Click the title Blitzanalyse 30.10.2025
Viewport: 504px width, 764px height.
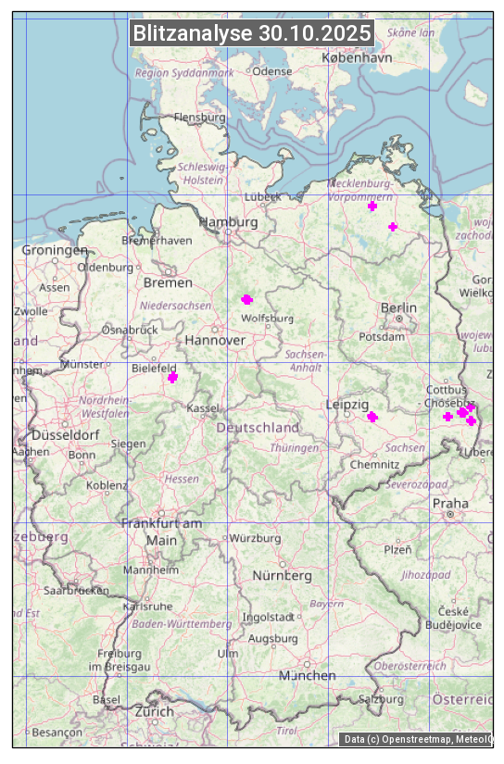point(252,33)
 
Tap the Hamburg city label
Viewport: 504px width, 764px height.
point(228,222)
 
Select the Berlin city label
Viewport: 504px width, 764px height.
point(398,307)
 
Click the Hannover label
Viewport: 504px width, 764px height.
point(215,341)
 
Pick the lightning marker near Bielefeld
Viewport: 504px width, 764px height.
point(172,377)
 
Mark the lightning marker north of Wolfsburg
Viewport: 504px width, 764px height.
point(246,299)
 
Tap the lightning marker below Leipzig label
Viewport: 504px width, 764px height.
point(372,417)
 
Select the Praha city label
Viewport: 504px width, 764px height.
point(450,504)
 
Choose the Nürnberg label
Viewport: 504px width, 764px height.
point(283,576)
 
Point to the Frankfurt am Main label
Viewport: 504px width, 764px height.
point(161,532)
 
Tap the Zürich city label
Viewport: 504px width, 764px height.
point(154,711)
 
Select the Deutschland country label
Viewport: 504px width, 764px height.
point(258,428)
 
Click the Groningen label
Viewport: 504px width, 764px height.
point(55,250)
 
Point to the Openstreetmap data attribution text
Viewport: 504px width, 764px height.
point(417,739)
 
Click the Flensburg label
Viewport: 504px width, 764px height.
point(200,118)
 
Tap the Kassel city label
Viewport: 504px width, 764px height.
point(202,408)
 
